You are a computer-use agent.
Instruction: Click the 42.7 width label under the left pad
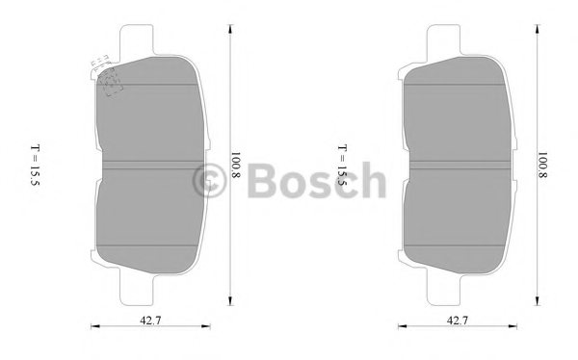tap(150, 321)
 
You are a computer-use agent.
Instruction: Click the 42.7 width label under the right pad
tap(458, 321)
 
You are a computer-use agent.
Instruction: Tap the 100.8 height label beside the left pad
tap(236, 165)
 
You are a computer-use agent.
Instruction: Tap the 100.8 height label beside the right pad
tap(542, 165)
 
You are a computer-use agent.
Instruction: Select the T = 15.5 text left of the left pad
tap(35, 165)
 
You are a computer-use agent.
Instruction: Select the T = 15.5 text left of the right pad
tap(342, 165)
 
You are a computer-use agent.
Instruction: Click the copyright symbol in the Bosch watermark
tap(209, 181)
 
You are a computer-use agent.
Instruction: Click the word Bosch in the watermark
tap(317, 181)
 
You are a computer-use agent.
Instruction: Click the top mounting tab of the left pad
tap(137, 39)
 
